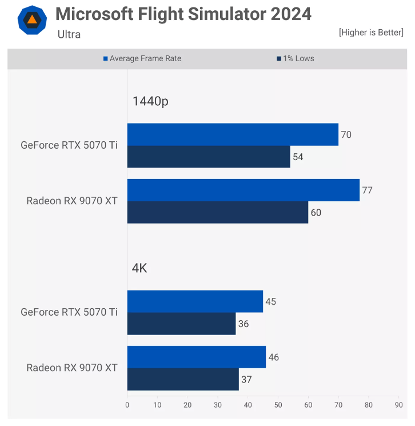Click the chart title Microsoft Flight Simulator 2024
point(183,14)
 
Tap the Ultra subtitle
point(69,34)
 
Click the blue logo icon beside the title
point(32,19)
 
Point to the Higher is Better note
point(371,33)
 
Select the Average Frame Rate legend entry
point(142,58)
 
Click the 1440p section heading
point(150,102)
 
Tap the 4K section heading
point(139,268)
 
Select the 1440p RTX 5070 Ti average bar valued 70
point(233,134)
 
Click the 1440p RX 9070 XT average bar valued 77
point(243,190)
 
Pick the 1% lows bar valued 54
point(209,157)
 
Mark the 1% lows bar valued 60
point(217,212)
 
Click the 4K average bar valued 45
point(195,301)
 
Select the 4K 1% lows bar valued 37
point(183,379)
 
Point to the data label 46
point(274,357)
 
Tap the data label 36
point(244,324)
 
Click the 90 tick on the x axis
point(398,405)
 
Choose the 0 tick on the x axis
point(127,405)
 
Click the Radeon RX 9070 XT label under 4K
point(72,368)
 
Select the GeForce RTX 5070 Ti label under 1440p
point(69,145)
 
